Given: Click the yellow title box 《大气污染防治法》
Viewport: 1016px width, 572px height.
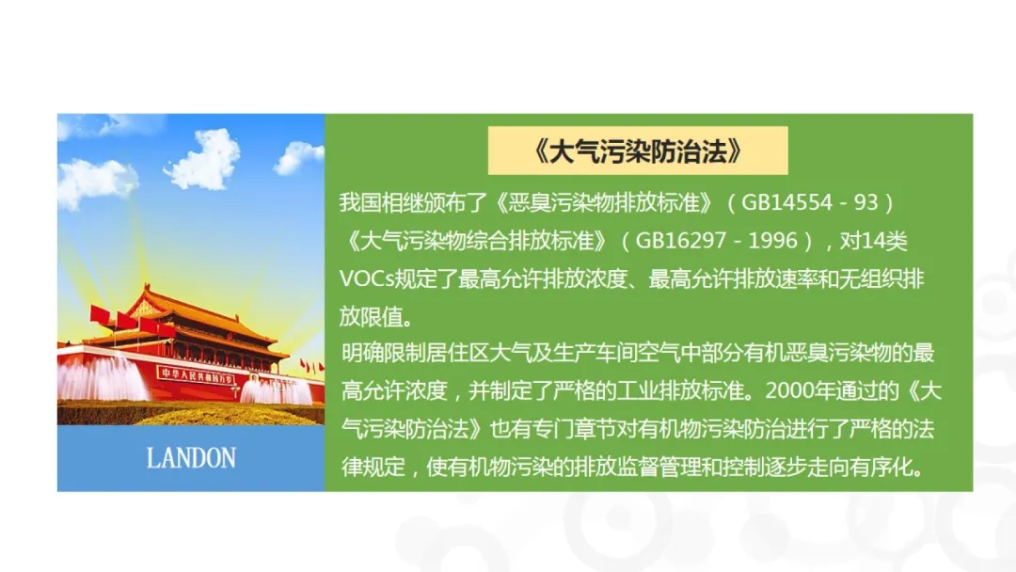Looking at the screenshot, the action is coord(638,151).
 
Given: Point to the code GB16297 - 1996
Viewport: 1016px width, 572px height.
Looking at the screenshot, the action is coord(716,241).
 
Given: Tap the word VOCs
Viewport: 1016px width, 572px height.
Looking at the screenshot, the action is coord(367,279).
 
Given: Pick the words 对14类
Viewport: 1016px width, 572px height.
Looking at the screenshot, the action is coord(873,241).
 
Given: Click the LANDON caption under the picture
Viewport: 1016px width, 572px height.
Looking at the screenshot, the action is coord(191,458).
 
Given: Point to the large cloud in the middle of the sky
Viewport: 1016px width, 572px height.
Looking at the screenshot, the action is coord(204,160).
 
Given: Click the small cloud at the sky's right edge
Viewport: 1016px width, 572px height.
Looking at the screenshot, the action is coord(299,157).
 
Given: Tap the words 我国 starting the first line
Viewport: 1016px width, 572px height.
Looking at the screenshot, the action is coord(360,203).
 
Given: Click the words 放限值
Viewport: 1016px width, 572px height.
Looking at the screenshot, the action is coord(372,317).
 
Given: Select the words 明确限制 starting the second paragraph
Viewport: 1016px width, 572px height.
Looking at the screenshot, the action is coord(384,353).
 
